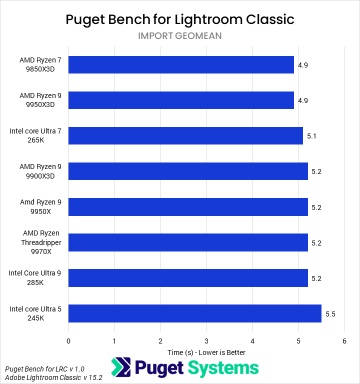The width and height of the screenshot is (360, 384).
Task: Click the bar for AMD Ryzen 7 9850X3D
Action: [x=181, y=64]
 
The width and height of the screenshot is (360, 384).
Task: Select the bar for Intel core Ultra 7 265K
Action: [x=185, y=135]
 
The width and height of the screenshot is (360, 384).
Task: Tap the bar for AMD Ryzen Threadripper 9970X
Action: [x=188, y=242]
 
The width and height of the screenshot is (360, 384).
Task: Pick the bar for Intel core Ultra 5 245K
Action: [x=195, y=313]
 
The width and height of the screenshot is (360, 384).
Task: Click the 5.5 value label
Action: [x=330, y=314]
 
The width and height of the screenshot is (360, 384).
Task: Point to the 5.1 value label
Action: [x=312, y=135]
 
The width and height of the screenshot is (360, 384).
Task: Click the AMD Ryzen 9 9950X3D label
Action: [x=40, y=100]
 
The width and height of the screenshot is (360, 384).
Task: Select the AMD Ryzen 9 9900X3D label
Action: [x=40, y=171]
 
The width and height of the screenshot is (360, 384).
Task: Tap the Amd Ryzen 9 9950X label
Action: [x=40, y=206]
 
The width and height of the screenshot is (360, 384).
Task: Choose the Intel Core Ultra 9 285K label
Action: [x=35, y=278]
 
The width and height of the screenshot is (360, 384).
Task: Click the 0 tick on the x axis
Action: [x=68, y=340]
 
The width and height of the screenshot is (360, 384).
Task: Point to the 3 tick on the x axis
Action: [x=206, y=340]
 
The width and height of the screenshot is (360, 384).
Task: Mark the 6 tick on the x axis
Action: [x=344, y=340]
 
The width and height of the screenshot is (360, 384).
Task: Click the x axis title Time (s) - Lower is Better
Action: [x=206, y=352]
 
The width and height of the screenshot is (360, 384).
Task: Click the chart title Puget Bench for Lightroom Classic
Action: [x=180, y=19]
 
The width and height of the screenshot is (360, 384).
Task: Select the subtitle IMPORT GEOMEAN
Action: [x=180, y=36]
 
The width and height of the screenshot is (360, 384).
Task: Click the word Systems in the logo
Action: [x=223, y=369]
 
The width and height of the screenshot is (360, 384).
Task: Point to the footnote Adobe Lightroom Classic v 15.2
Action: [x=53, y=377]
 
